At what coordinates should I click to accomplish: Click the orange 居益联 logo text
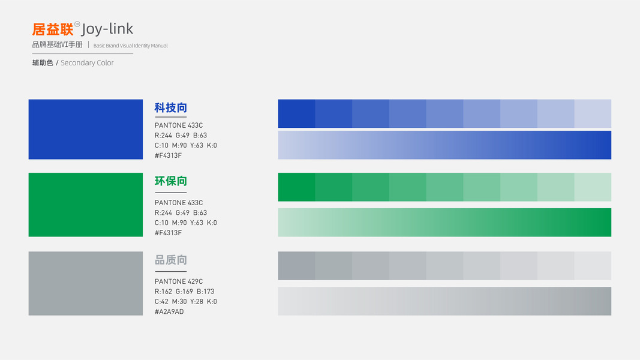(x=53, y=29)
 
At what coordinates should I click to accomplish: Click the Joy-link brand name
(x=107, y=29)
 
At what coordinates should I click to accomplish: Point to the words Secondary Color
(x=87, y=63)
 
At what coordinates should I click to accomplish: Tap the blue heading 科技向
(x=170, y=108)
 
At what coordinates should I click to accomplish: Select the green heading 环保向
(x=170, y=181)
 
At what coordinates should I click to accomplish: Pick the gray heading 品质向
(x=170, y=260)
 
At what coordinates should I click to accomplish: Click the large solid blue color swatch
(x=86, y=130)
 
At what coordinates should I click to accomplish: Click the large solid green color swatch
(x=86, y=205)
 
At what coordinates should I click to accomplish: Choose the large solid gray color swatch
(x=86, y=283)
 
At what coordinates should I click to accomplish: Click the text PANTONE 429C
(x=179, y=281)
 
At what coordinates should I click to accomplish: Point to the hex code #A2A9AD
(x=169, y=312)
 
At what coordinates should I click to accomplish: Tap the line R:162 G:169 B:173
(x=185, y=292)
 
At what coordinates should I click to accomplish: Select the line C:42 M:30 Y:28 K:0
(x=186, y=302)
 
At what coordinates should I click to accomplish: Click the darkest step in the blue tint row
(x=297, y=113)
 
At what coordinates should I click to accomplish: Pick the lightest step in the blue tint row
(x=593, y=113)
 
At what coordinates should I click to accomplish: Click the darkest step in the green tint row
(x=297, y=187)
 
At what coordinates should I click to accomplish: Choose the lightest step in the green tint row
(x=593, y=187)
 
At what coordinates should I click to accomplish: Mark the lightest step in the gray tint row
(x=593, y=266)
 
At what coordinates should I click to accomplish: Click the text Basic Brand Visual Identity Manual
(x=131, y=46)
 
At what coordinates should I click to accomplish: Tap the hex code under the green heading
(x=168, y=233)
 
